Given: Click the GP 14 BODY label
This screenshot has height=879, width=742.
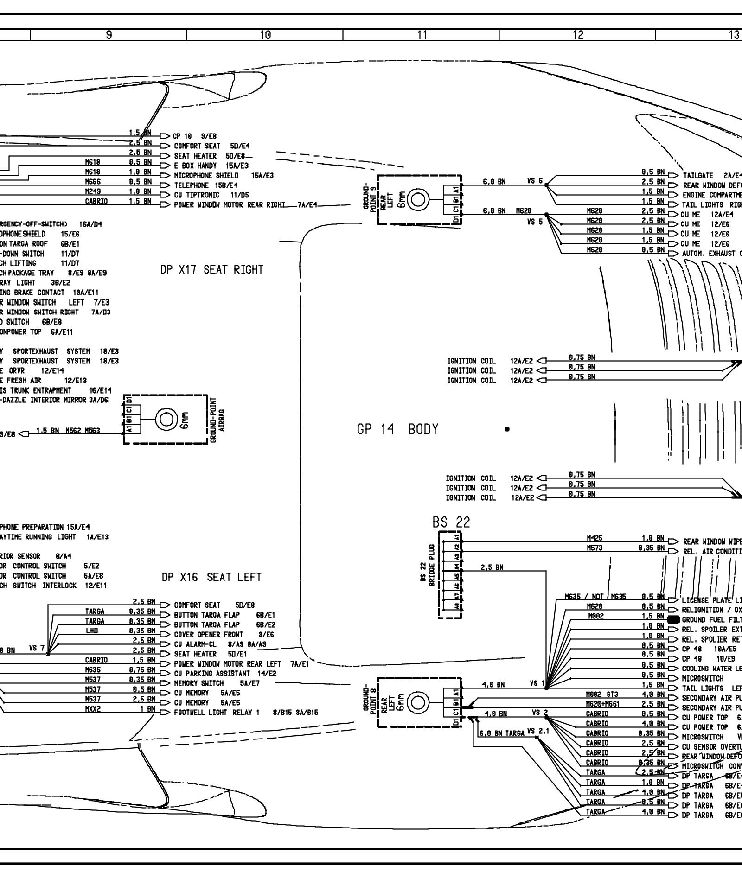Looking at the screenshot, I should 397,430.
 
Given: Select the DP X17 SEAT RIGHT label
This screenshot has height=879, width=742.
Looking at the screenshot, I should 211,270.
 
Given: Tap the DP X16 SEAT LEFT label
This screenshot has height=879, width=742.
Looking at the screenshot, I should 211,577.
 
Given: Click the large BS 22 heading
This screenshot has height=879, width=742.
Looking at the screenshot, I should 451,522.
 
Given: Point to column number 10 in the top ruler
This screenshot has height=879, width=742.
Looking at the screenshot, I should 265,35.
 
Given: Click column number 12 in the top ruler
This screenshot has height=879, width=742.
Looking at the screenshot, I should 578,35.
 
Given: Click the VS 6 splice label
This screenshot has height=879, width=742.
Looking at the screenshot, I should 535,181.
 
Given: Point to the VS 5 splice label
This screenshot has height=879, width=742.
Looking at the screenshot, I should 535,222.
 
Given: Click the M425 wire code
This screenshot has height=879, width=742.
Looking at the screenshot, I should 595,539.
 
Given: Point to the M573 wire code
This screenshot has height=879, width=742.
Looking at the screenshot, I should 595,548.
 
